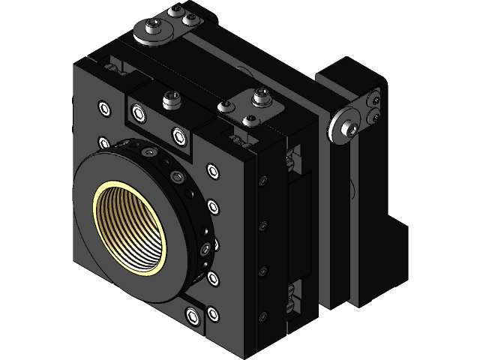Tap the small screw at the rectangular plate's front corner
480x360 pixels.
(x=250, y=119)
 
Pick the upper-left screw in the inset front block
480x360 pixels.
(x=138, y=113)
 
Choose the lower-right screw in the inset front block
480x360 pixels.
(x=178, y=135)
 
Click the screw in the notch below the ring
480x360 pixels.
(x=194, y=317)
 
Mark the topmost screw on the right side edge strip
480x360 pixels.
(x=262, y=180)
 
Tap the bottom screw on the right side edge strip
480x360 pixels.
(x=262, y=315)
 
